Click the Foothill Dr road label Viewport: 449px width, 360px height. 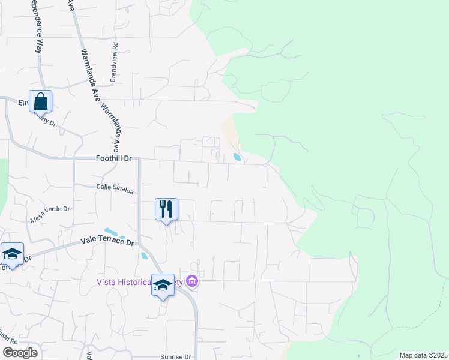pyautogui.click(x=113, y=158)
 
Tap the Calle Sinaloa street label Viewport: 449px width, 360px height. pyautogui.click(x=115, y=188)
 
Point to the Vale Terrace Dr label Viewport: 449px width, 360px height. pyautogui.click(x=107, y=241)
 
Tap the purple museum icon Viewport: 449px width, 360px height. pyautogui.click(x=192, y=281)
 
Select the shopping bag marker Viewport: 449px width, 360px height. pyautogui.click(x=40, y=101)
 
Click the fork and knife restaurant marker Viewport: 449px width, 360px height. pyautogui.click(x=166, y=209)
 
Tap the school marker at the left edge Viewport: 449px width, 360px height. pyautogui.click(x=12, y=254)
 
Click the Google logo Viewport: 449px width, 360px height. pyautogui.click(x=19, y=353)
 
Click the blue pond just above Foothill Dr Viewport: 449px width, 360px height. pyautogui.click(x=237, y=158)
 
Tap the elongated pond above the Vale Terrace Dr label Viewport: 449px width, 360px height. pyautogui.click(x=111, y=232)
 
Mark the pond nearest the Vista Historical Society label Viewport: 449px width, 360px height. pyautogui.click(x=145, y=255)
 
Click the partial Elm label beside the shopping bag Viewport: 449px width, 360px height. pyautogui.click(x=23, y=103)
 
